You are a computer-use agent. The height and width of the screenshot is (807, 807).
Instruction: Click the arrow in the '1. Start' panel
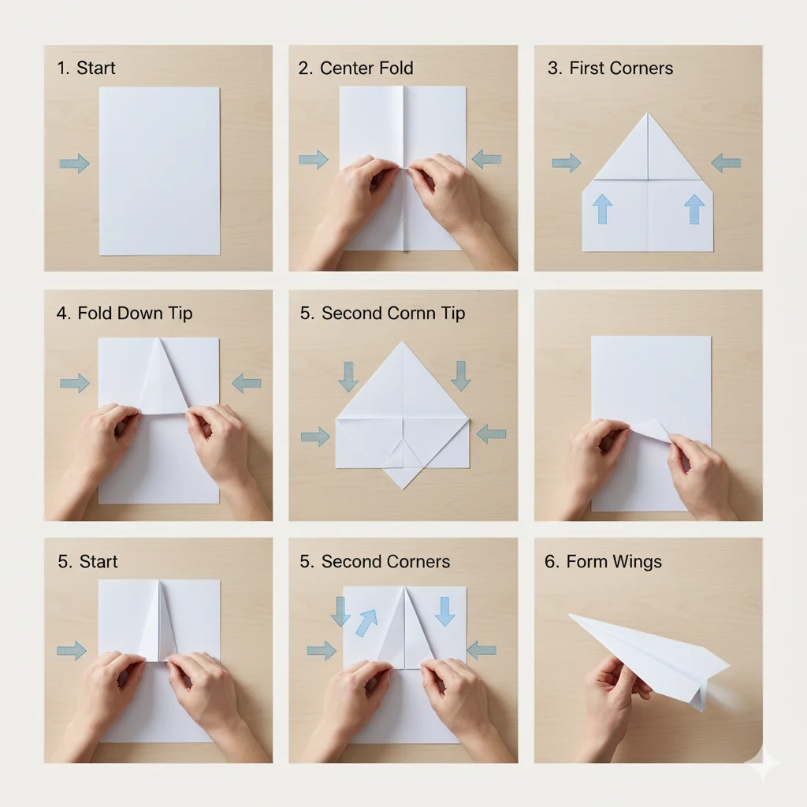click(75, 163)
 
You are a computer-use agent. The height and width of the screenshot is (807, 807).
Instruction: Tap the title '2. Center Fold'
click(355, 68)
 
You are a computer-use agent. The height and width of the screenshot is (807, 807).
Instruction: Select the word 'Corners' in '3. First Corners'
click(646, 68)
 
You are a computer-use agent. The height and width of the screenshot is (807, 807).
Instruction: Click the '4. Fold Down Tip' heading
click(125, 313)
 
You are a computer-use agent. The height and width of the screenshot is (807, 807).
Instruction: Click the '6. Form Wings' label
click(603, 561)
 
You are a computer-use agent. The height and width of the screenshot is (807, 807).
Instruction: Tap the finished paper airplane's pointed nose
click(569, 614)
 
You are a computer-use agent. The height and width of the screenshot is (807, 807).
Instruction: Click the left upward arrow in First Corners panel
click(602, 208)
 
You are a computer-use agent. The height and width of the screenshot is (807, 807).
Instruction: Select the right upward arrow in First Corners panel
click(694, 208)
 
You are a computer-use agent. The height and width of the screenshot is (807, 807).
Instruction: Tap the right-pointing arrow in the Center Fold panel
click(314, 159)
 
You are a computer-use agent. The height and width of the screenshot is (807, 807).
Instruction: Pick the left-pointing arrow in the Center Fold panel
click(486, 159)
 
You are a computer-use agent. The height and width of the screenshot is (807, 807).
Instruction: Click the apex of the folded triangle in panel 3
click(648, 113)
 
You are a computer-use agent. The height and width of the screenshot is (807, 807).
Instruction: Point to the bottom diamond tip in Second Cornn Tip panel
click(403, 489)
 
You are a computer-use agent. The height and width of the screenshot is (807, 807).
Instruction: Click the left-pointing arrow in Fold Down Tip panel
click(247, 383)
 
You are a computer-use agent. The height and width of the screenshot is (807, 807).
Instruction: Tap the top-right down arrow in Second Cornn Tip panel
click(461, 376)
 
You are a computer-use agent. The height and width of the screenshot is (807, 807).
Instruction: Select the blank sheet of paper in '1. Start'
click(159, 171)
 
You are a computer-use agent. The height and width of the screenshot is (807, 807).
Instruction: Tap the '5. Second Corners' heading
click(374, 561)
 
